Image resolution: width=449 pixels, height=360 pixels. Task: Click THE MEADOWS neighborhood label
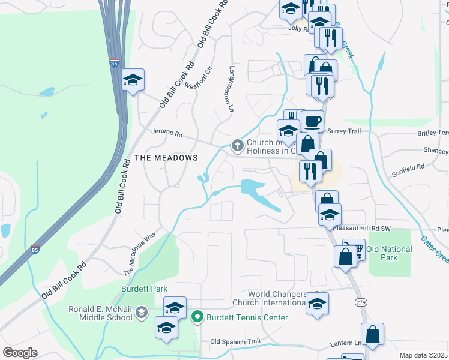click(x=166, y=157)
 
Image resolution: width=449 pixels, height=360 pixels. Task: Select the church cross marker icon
click(x=238, y=145)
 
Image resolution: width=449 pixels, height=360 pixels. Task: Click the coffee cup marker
click(x=312, y=122)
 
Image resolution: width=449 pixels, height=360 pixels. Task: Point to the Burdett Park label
click(x=144, y=289)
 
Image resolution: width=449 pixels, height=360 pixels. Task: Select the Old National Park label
click(x=389, y=253)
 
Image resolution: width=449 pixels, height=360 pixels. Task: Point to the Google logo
click(x=20, y=353)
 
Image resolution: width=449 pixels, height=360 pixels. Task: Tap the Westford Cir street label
click(x=199, y=77)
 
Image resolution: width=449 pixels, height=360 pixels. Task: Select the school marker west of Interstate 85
click(x=133, y=80)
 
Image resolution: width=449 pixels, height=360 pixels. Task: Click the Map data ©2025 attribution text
click(x=423, y=355)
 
